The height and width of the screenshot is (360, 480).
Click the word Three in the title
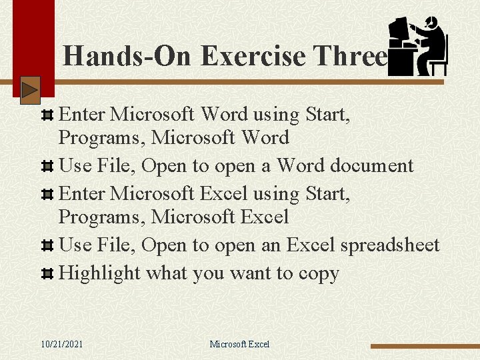coord(351,56)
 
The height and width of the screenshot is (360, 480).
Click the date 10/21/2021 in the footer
coord(62,344)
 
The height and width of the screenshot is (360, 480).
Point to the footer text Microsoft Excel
coord(239,344)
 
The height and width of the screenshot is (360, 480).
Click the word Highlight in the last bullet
coord(100,273)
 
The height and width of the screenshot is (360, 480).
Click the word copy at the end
coord(318,274)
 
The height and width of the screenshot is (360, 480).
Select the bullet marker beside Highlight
coord(47,274)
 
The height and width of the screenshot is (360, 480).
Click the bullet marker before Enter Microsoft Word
coord(47,115)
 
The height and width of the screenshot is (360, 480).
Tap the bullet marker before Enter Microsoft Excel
coord(47,195)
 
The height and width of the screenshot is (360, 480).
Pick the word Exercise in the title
coord(251,56)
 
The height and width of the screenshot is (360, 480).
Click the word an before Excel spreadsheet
coord(271,245)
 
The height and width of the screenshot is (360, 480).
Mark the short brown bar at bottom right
coord(425,346)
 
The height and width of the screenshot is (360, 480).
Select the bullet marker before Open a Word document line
coord(47,166)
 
